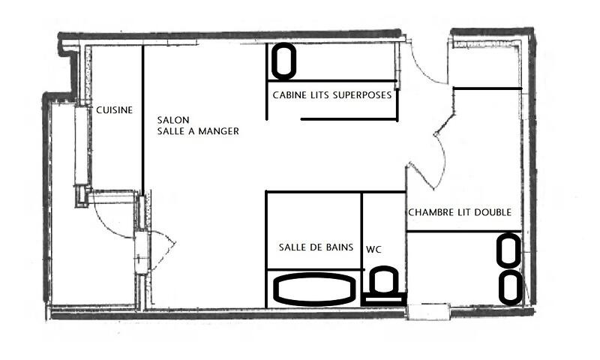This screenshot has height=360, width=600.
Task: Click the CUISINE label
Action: coord(115,110)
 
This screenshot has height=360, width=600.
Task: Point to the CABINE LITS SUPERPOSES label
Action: coord(331,95)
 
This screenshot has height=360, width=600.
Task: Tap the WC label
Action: coord(374,248)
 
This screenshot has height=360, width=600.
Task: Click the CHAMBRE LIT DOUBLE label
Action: coord(459,213)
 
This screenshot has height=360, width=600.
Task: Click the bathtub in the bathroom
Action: coord(313,289)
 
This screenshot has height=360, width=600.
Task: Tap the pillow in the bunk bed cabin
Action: coord(283,61)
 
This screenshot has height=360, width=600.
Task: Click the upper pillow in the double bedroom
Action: coord(509,250)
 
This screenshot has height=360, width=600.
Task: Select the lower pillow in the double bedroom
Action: coord(511,287)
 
